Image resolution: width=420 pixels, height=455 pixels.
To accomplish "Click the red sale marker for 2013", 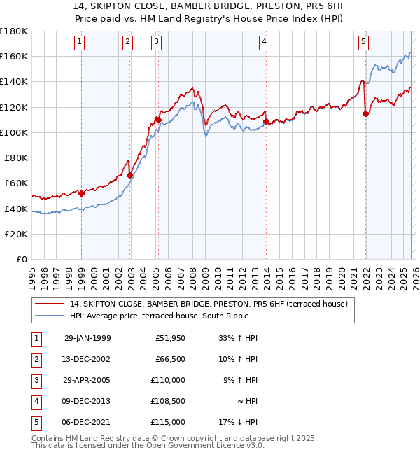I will click(x=266, y=121).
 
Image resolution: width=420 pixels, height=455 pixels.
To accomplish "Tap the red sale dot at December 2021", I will click(x=365, y=114).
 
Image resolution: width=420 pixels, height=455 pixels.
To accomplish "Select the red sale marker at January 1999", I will click(x=81, y=193).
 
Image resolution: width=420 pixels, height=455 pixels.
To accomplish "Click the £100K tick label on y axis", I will click(x=14, y=132).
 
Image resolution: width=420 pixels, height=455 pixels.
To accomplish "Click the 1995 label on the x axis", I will click(x=32, y=275).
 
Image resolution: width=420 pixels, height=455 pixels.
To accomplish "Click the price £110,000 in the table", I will click(x=169, y=380).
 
